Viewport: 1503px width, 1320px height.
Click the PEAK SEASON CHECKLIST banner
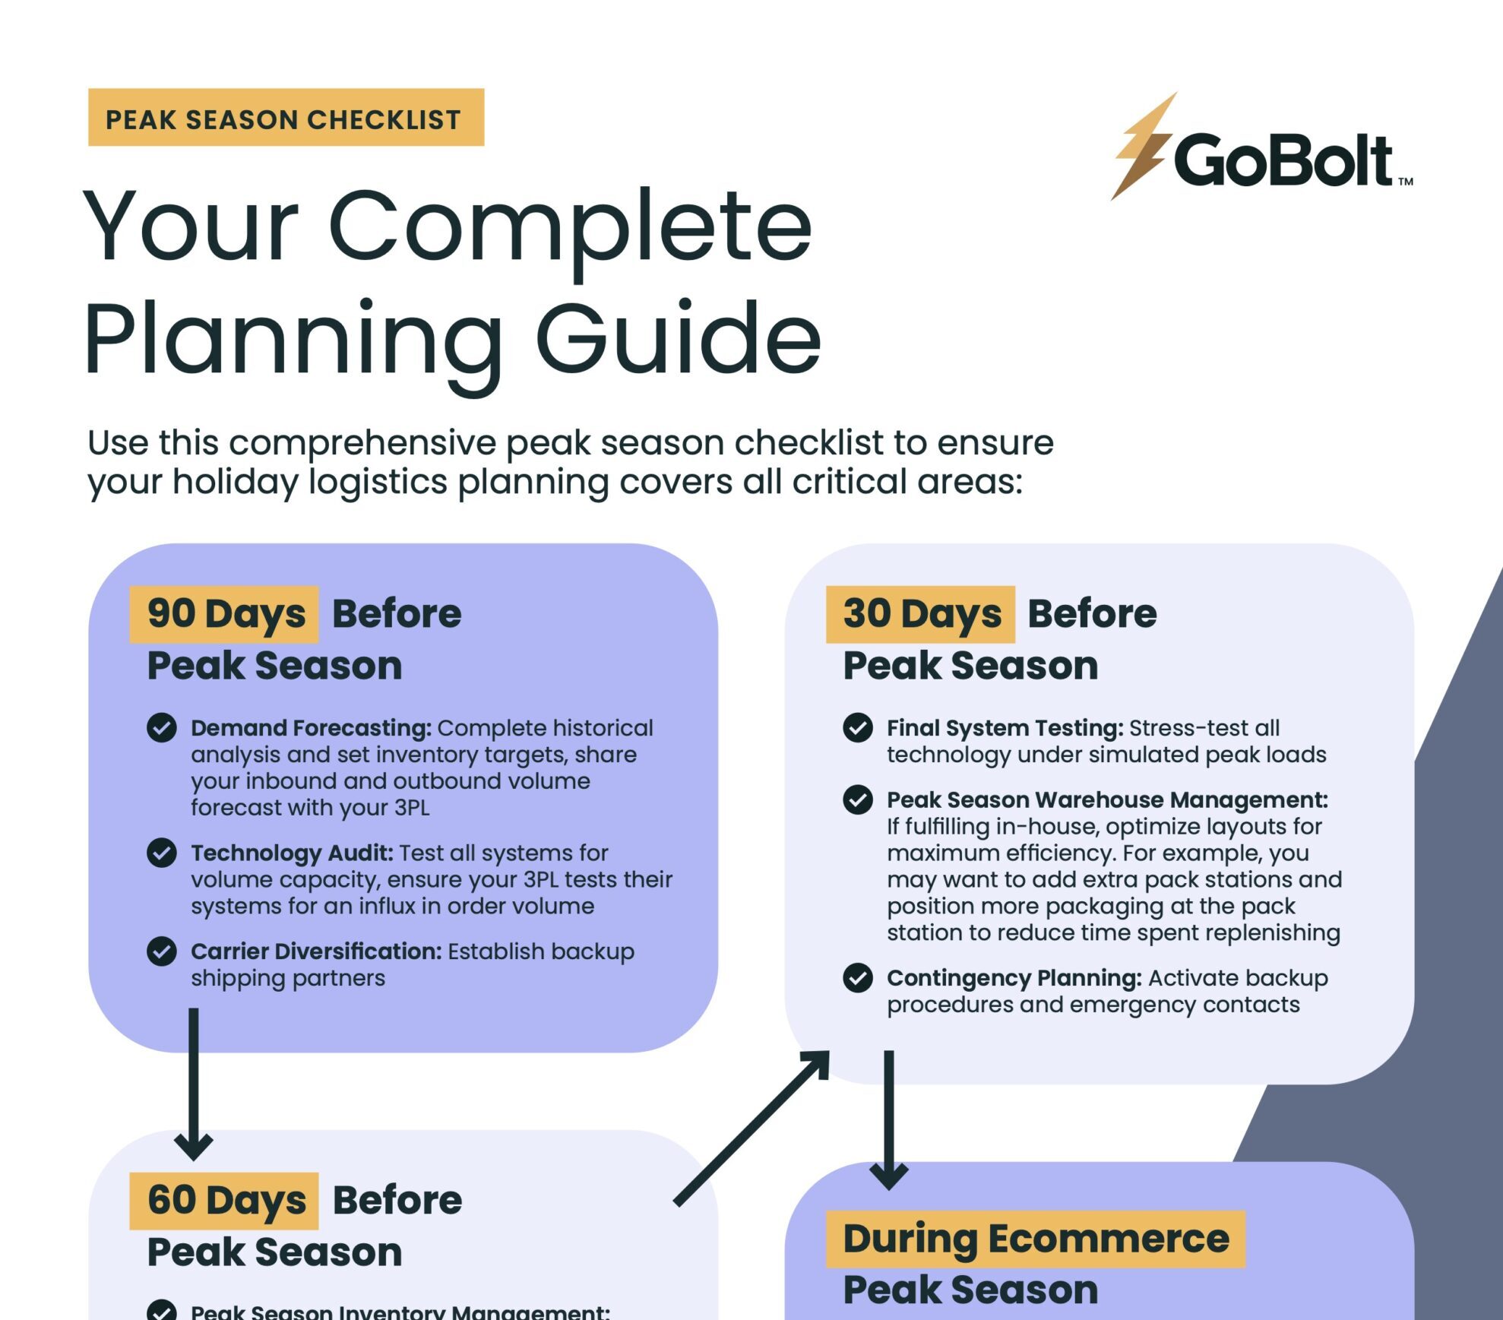pos(286,118)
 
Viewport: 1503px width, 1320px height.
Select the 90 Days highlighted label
pos(225,614)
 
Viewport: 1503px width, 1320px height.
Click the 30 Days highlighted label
pos(921,614)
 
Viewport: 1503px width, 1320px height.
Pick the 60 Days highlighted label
pos(225,1201)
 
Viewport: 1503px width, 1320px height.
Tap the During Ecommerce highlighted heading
pos(1035,1239)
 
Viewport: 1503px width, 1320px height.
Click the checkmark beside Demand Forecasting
pos(162,728)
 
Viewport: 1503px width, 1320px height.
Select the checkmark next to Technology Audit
pos(162,853)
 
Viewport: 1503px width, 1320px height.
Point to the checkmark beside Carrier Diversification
pos(162,951)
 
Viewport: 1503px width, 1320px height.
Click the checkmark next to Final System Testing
pos(858,728)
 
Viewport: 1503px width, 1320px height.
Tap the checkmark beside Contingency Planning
pos(858,978)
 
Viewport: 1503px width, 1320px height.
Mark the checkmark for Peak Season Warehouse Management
pos(858,800)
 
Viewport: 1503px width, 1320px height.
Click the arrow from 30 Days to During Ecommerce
pos(889,1117)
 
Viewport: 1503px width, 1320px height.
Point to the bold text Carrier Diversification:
pos(316,951)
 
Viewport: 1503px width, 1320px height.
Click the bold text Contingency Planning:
pos(1014,978)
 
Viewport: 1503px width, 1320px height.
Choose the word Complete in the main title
pos(570,226)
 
